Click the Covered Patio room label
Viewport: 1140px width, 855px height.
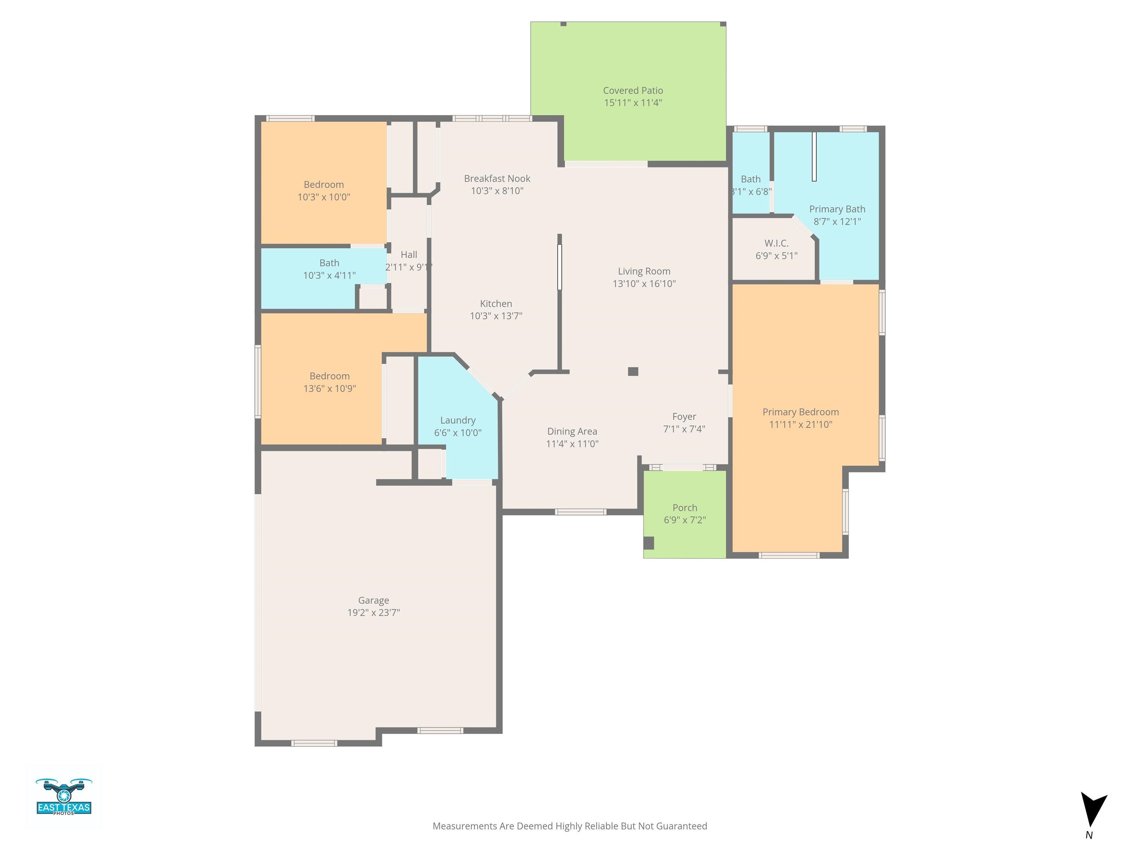click(x=633, y=91)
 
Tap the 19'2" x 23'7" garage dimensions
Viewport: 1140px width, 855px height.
click(x=374, y=613)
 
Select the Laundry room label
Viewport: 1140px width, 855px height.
click(x=458, y=420)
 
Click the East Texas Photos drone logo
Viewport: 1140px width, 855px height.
click(x=64, y=797)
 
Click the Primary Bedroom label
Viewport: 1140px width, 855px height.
click(x=800, y=412)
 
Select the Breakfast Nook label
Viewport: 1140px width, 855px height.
click(x=497, y=179)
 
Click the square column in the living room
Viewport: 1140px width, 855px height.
click(x=633, y=371)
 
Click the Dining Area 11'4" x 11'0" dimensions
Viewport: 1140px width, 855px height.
click(x=572, y=444)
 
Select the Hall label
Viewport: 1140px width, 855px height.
click(x=409, y=255)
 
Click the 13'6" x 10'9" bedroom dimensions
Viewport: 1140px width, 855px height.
click(x=329, y=389)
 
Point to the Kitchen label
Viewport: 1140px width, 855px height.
click(x=496, y=304)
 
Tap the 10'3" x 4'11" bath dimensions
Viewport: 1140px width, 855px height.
click(x=329, y=276)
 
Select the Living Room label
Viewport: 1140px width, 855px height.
click(x=644, y=272)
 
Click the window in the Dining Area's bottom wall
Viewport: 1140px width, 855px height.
click(x=580, y=512)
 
